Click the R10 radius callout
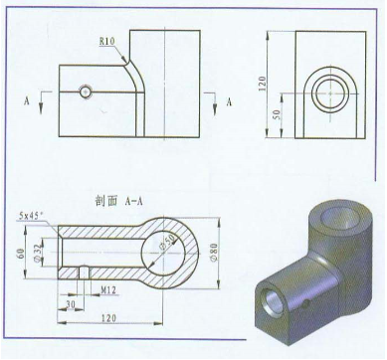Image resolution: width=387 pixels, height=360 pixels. tap(107, 42)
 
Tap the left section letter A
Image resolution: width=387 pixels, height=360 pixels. tap(26, 101)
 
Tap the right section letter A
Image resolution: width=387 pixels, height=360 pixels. tap(228, 101)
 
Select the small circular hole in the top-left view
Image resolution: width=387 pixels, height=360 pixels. tap(88, 90)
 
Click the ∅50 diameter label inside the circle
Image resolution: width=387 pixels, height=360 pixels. tap(169, 243)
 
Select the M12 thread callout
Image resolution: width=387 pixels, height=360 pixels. tap(112, 289)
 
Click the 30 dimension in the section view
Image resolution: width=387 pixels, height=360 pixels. tap(71, 302)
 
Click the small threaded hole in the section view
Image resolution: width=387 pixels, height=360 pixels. tap(84, 271)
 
